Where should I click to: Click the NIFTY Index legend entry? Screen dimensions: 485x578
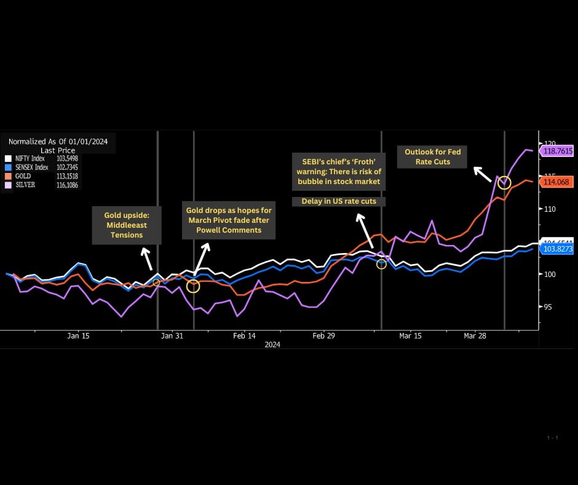pyautogui.click(x=30, y=158)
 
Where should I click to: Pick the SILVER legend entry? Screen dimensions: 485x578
pyautogui.click(x=24, y=185)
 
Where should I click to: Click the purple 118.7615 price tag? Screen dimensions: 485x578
pyautogui.click(x=556, y=151)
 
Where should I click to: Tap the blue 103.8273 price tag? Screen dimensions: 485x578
pyautogui.click(x=556, y=249)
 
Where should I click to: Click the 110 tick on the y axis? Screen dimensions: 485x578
pyautogui.click(x=548, y=209)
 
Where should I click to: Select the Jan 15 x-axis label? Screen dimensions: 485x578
pyautogui.click(x=78, y=336)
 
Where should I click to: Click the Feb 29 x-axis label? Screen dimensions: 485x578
pyautogui.click(x=323, y=336)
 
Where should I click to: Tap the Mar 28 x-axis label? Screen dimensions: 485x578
pyautogui.click(x=474, y=336)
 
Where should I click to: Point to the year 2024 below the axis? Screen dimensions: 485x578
pyautogui.click(x=272, y=345)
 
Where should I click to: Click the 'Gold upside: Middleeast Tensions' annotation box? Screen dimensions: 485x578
pyautogui.click(x=127, y=225)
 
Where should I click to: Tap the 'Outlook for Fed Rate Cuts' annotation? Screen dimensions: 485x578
pyautogui.click(x=432, y=156)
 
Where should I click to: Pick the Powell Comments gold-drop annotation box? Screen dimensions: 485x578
pyautogui.click(x=229, y=220)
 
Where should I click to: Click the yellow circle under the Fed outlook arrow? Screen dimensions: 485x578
pyautogui.click(x=504, y=182)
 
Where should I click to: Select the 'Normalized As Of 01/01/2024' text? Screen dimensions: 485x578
pyautogui.click(x=58, y=142)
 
